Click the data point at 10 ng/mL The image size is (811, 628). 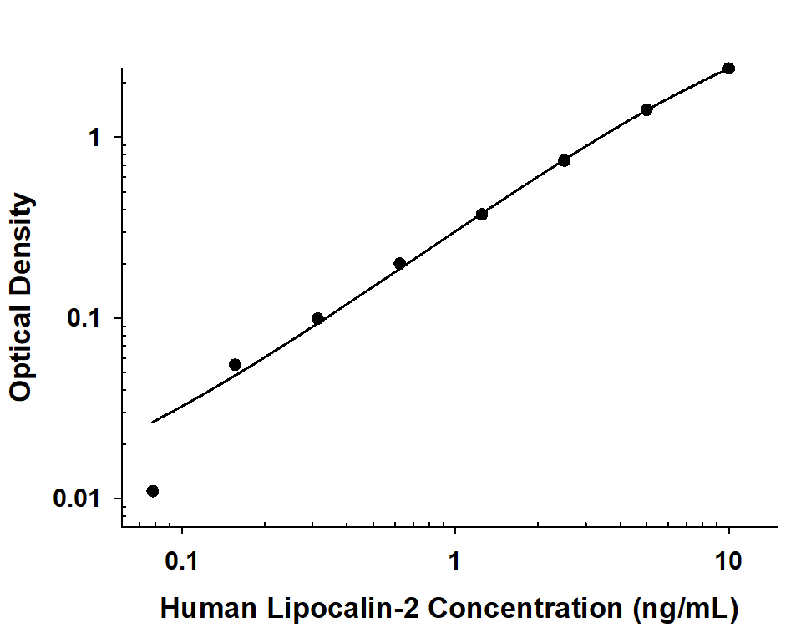728,68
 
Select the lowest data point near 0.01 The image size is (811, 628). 152,491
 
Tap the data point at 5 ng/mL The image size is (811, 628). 646,109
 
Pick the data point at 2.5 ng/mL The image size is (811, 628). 564,160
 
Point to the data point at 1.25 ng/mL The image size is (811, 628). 482,214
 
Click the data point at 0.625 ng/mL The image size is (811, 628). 399,264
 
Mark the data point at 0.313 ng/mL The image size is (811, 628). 317,318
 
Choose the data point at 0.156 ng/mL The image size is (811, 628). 235,364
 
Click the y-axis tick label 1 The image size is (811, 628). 95,138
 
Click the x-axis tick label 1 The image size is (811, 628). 454,560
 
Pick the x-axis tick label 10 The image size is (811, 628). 728,560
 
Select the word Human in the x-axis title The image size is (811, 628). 204,607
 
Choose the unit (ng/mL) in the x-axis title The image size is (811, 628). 685,607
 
